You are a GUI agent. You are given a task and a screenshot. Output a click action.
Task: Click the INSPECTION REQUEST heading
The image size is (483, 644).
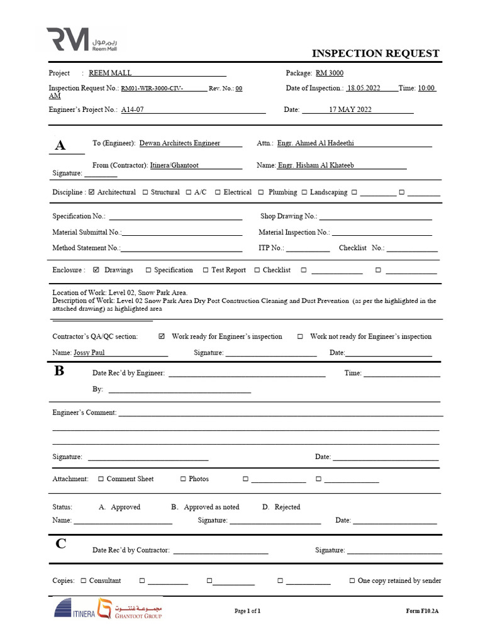[x=375, y=53]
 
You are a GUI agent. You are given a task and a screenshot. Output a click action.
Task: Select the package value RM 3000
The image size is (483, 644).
[x=330, y=73]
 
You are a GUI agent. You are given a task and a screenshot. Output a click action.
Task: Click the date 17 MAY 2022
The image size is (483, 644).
[x=350, y=109]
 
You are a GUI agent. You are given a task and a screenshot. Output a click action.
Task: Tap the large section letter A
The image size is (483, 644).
[x=60, y=145]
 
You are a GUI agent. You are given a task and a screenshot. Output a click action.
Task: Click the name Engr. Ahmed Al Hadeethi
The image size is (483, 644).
[x=316, y=143]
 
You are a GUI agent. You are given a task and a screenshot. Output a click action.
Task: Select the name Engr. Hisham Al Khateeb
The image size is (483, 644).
[x=316, y=165]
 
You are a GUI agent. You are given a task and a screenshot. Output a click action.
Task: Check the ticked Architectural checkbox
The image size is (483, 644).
[x=92, y=192]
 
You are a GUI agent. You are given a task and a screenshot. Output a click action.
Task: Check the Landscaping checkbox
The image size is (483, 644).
[x=304, y=192]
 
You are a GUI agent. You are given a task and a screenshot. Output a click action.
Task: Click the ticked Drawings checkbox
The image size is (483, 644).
[x=96, y=270]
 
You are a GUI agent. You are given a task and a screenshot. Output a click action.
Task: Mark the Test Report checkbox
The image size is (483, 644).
[x=206, y=270]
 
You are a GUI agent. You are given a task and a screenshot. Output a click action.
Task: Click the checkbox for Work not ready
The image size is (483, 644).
[x=300, y=336]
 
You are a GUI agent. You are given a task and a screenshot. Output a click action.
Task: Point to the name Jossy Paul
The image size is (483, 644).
[x=89, y=353]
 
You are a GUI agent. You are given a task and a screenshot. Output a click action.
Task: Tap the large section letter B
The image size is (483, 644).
[x=59, y=371]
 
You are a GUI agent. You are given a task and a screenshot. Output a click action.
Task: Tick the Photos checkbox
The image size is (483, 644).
[x=183, y=479]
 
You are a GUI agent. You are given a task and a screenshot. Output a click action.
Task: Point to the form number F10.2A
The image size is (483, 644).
[x=422, y=611]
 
